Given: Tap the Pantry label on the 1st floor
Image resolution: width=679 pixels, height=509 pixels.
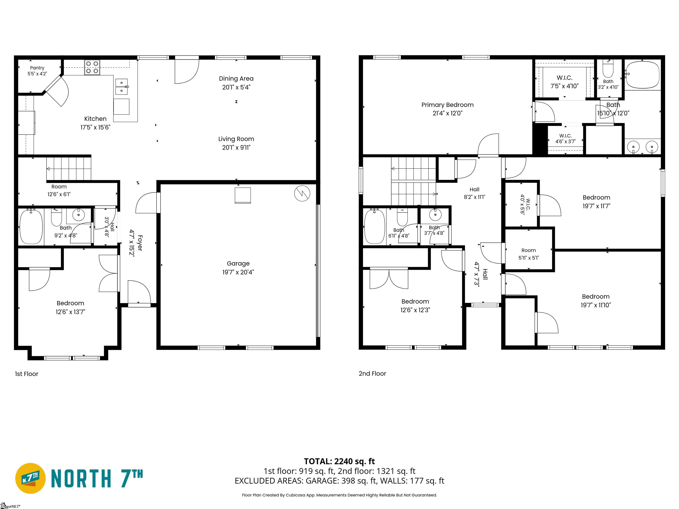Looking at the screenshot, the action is click(37, 68).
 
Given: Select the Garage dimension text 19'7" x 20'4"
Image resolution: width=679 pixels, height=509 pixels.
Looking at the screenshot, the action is click(238, 272).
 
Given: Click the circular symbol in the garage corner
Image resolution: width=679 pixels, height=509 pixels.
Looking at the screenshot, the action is click(302, 193).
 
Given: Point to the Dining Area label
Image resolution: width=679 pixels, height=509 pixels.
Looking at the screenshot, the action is click(236, 79).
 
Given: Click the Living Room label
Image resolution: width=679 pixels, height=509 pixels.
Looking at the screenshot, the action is click(236, 139).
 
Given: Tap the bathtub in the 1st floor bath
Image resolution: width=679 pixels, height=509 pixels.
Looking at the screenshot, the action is click(31, 227).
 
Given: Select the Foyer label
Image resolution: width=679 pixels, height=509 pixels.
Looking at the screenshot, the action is click(140, 243).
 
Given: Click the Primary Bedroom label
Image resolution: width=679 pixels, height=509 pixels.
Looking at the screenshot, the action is click(447, 105).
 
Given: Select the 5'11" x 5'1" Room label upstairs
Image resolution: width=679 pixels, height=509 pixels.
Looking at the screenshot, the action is click(528, 254).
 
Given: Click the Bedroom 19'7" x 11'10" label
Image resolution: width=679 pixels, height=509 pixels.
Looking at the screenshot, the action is click(596, 301).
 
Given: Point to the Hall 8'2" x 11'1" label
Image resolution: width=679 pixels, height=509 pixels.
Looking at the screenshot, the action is click(474, 193).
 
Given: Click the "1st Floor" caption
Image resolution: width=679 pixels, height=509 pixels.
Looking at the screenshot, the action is click(27, 374).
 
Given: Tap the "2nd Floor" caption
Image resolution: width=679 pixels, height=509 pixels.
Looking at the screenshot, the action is click(372, 373).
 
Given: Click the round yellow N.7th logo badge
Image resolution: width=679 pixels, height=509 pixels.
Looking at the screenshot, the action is click(30, 478).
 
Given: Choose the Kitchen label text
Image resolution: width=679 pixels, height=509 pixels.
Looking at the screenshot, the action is click(95, 119).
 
